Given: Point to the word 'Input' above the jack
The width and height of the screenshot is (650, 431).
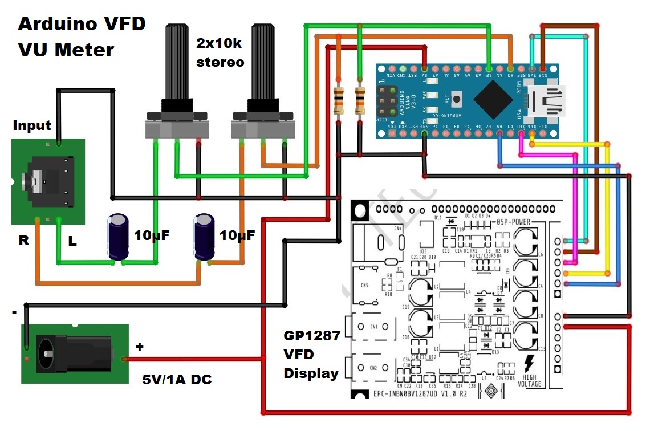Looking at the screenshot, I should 32,125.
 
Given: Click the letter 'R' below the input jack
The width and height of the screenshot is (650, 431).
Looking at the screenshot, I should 23,241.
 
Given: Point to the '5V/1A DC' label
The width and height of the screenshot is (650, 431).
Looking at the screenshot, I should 177,379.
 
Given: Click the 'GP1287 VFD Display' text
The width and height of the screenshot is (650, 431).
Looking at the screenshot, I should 312,355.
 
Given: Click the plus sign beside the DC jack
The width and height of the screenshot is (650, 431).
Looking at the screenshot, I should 140,346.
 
